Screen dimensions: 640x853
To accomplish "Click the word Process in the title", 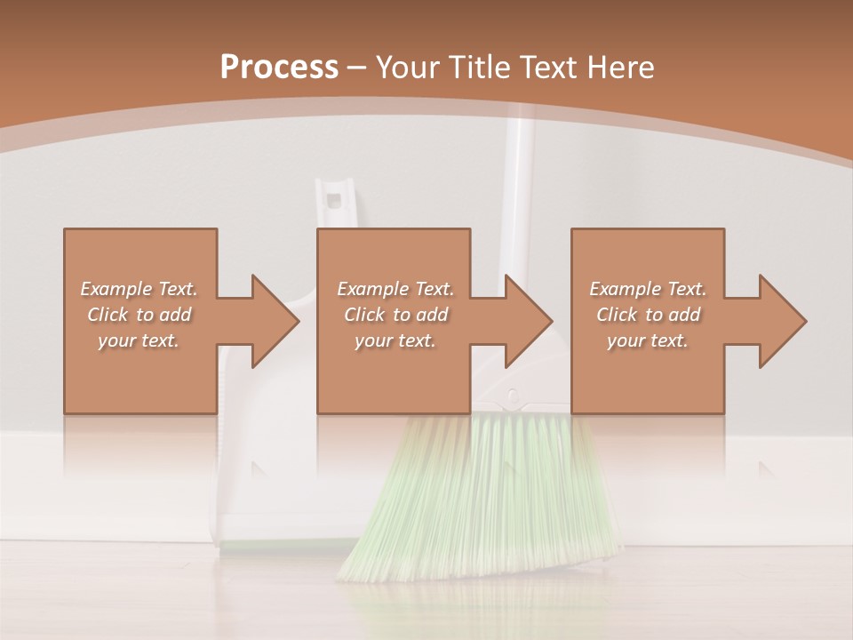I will point(279,67).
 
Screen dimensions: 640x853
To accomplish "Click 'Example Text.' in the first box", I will point(140,289).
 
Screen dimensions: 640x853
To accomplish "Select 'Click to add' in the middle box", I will point(395,315).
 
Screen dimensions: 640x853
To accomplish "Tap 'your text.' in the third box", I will point(648,340).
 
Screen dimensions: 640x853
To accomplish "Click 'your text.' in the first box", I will point(140,340).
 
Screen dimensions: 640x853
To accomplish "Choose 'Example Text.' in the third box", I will point(648,289).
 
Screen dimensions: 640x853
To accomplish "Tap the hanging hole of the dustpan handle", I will point(334,196).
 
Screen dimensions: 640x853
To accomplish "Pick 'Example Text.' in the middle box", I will point(395,289).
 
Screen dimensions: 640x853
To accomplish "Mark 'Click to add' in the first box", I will point(140,315).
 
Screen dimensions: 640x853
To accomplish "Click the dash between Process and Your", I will point(356,67).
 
